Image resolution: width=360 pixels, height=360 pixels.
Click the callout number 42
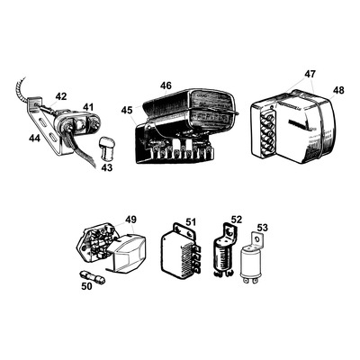(x=60, y=96)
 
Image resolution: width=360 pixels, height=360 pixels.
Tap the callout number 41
(x=88, y=107)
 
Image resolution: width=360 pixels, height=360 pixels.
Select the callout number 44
(x=34, y=138)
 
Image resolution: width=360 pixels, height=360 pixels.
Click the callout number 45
(x=127, y=111)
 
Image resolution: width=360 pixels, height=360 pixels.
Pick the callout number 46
(x=166, y=85)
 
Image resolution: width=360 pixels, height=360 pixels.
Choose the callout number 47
(x=310, y=74)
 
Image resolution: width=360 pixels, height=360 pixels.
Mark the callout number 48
(x=337, y=90)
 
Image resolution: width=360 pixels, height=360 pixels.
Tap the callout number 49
(x=130, y=220)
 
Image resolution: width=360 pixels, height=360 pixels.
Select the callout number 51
(x=190, y=224)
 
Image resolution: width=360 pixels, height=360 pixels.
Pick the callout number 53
(x=263, y=229)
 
